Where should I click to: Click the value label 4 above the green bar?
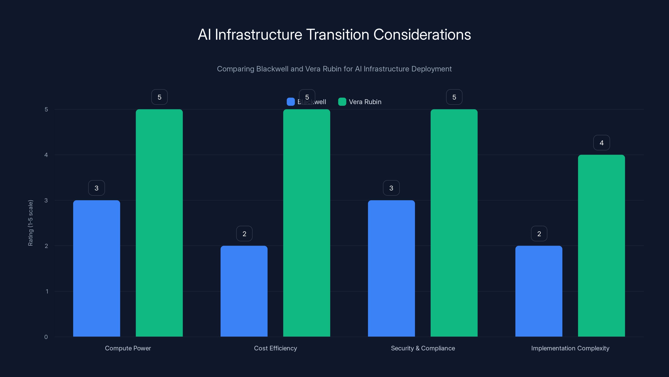click(x=601, y=143)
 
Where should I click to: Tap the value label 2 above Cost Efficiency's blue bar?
click(x=244, y=234)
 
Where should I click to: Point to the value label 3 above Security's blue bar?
click(x=391, y=188)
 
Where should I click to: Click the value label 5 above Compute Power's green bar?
click(x=160, y=97)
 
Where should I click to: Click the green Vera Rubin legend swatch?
click(x=342, y=102)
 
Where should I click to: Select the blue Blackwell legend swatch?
click(x=291, y=102)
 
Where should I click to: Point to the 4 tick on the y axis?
click(x=46, y=155)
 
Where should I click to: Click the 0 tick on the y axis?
click(x=46, y=337)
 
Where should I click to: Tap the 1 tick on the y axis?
click(x=47, y=291)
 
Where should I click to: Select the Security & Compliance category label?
click(x=423, y=348)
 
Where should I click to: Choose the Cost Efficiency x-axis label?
click(x=275, y=348)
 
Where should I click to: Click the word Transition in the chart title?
click(x=338, y=35)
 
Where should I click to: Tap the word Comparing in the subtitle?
click(x=235, y=69)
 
